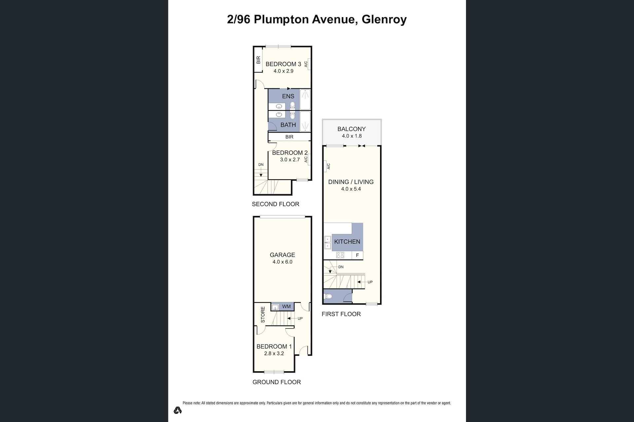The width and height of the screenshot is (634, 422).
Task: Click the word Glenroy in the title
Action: pyautogui.click(x=384, y=19)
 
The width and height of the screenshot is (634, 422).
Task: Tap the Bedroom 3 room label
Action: pyautogui.click(x=283, y=64)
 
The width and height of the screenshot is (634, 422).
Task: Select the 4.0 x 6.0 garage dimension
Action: pyautogui.click(x=282, y=262)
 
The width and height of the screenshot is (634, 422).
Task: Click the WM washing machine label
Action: pyautogui.click(x=286, y=307)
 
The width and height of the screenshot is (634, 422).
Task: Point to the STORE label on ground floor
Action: pyautogui.click(x=263, y=315)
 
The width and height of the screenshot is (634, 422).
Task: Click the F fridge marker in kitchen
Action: pyautogui.click(x=357, y=255)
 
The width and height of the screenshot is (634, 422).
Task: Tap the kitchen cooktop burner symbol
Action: pyautogui.click(x=340, y=255)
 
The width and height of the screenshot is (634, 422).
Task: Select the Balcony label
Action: pyautogui.click(x=351, y=129)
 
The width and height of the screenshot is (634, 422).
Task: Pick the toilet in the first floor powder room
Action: pyautogui.click(x=328, y=296)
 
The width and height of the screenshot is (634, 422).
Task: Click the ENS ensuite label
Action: pyautogui.click(x=288, y=96)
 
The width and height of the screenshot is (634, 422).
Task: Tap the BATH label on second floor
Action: pyautogui.click(x=288, y=125)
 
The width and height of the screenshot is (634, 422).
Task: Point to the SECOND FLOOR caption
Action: pyautogui.click(x=275, y=204)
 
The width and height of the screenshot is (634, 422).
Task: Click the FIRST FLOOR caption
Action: pyautogui.click(x=341, y=314)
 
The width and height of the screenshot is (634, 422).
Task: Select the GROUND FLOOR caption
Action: pyautogui.click(x=277, y=382)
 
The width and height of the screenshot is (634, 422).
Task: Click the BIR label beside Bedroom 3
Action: pyautogui.click(x=258, y=60)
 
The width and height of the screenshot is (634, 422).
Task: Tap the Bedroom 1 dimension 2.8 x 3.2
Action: pyautogui.click(x=274, y=353)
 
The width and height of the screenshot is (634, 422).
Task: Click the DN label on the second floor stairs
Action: pyautogui.click(x=261, y=165)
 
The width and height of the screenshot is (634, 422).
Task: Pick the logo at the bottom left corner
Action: pyautogui.click(x=178, y=410)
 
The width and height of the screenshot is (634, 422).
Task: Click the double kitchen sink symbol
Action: pyautogui.click(x=328, y=243)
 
